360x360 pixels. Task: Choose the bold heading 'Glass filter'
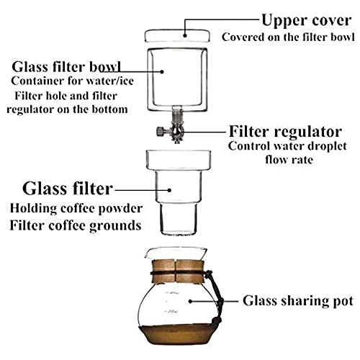point(68,189)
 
